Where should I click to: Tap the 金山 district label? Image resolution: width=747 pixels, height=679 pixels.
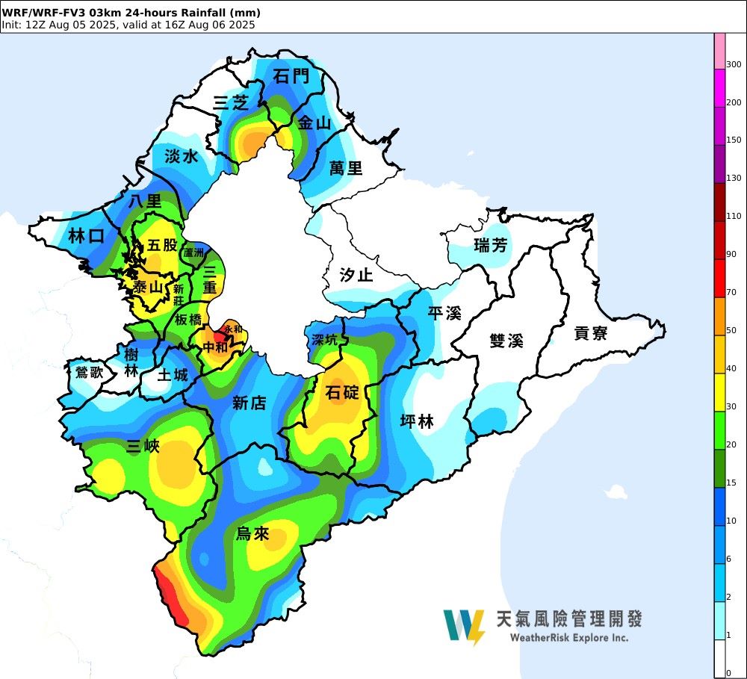[314, 124]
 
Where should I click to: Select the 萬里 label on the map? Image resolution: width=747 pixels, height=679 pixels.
[346, 168]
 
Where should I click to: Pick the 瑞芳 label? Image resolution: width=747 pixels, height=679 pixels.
[490, 245]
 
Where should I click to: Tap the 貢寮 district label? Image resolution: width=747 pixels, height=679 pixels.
[591, 333]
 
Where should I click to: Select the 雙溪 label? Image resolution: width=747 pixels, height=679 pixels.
[506, 341]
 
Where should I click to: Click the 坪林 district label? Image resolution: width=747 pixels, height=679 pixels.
[417, 422]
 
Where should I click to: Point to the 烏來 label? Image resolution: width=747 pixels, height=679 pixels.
[252, 533]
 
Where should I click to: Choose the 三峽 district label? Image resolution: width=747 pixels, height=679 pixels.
[143, 447]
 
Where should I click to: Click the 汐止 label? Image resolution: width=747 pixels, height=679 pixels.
[356, 275]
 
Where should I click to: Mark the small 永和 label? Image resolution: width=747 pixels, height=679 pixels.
[233, 329]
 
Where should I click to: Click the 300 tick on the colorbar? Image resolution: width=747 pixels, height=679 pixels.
[734, 64]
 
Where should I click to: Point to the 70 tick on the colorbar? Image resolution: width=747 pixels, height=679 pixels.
[731, 292]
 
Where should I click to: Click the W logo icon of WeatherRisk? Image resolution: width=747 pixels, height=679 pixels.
[463, 626]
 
